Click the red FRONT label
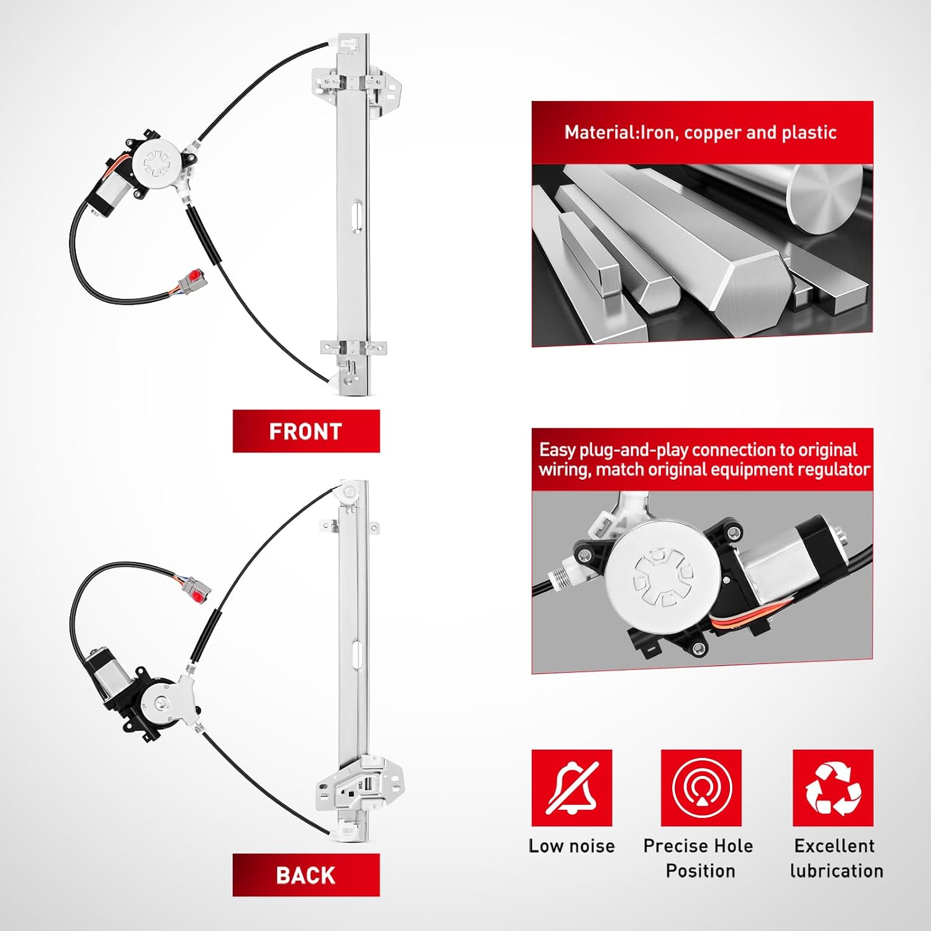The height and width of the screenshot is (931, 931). tap(306, 431)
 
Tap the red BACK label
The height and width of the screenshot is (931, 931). tap(306, 875)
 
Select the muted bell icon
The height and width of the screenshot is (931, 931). tap(572, 788)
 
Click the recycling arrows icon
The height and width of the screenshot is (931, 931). tap(833, 788)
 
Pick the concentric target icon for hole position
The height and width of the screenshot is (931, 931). tap(701, 788)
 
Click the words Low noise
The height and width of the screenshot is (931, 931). tap(572, 846)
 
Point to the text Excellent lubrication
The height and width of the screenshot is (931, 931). tap(836, 858)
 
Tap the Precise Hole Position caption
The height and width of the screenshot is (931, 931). tap(699, 858)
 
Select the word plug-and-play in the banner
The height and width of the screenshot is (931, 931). tap(634, 450)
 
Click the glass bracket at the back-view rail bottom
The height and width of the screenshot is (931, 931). tap(359, 783)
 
